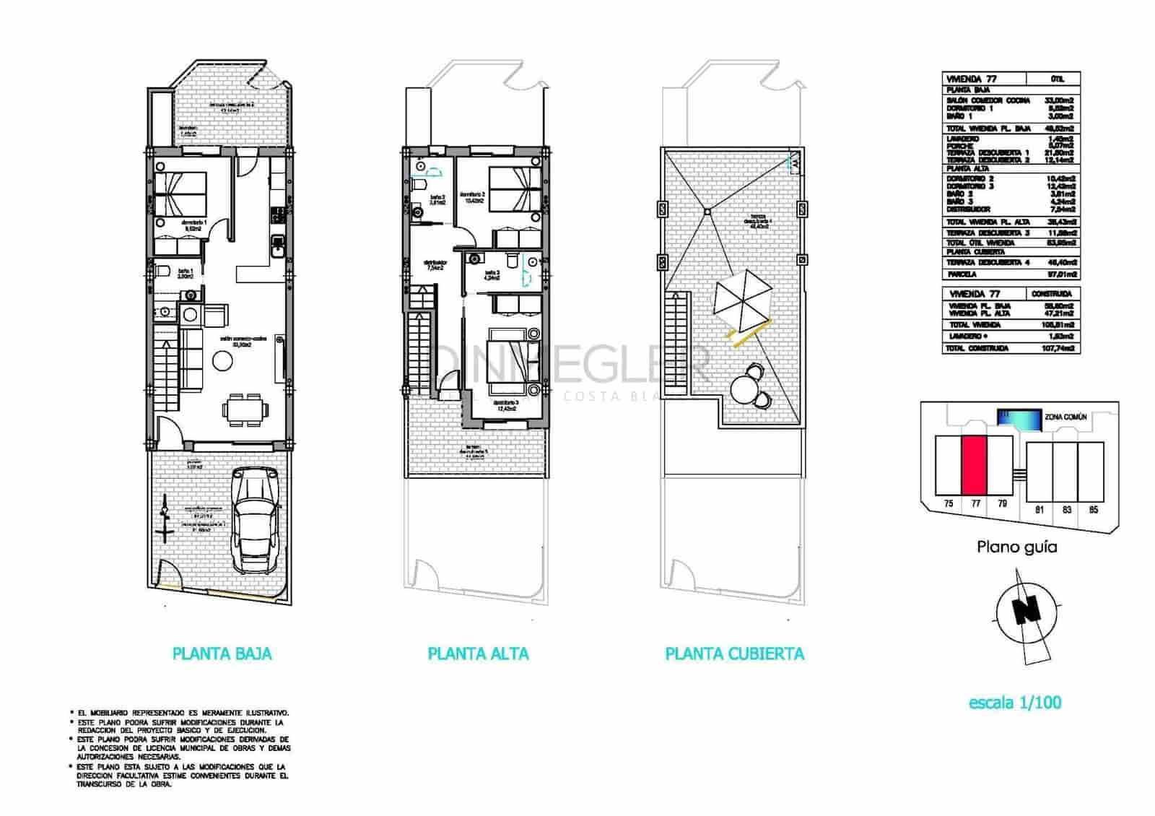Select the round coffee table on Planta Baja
click(x=222, y=360)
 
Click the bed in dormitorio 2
click(x=515, y=190)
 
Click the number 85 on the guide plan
click(x=1093, y=510)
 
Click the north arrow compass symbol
click(x=1023, y=613)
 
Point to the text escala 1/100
click(x=1015, y=702)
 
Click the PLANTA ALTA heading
click(x=478, y=654)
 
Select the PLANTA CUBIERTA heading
click(x=734, y=654)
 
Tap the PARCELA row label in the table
click(x=962, y=274)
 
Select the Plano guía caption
click(x=1016, y=547)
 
